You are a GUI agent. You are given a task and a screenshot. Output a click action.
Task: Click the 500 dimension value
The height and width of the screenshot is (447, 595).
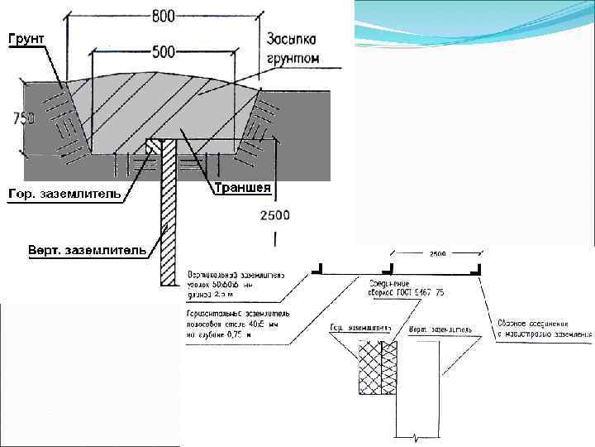pyautogui.click(x=164, y=52)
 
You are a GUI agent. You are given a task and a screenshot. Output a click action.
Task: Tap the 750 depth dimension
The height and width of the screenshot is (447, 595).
pyautogui.click(x=23, y=118)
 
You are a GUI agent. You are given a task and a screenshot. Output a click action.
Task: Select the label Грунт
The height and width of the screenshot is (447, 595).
pyautogui.click(x=26, y=38)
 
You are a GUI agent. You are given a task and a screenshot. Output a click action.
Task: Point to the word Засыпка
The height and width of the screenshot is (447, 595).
pyautogui.click(x=293, y=40)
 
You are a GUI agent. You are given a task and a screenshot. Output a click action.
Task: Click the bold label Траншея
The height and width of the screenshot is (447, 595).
pyautogui.click(x=242, y=188)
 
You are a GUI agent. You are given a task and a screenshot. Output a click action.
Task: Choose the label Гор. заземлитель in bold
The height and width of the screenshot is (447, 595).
pyautogui.click(x=64, y=194)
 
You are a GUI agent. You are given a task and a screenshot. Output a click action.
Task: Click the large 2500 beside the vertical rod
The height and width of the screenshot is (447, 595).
pyautogui.click(x=274, y=215)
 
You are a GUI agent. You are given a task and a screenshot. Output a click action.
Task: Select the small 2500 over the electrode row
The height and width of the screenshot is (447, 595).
pyautogui.click(x=437, y=253)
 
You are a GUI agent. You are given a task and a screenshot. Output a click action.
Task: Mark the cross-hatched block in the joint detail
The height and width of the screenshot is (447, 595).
pyautogui.click(x=378, y=368)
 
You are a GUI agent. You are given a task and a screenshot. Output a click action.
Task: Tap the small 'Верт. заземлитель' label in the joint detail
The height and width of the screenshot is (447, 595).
pyautogui.click(x=441, y=329)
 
